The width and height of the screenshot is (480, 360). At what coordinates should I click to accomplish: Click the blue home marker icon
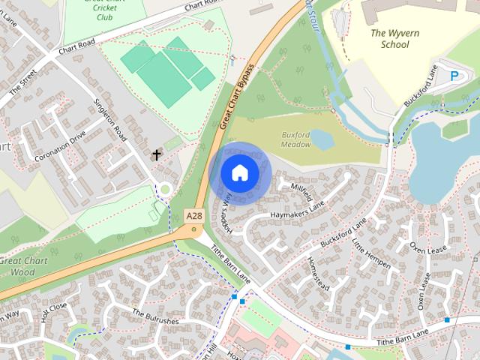[x=239, y=172]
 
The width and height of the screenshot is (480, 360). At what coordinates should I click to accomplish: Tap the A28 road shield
[x=194, y=216]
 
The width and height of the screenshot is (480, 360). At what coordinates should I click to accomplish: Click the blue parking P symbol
[x=454, y=75]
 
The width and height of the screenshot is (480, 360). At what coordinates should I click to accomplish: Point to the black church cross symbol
[x=157, y=155]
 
